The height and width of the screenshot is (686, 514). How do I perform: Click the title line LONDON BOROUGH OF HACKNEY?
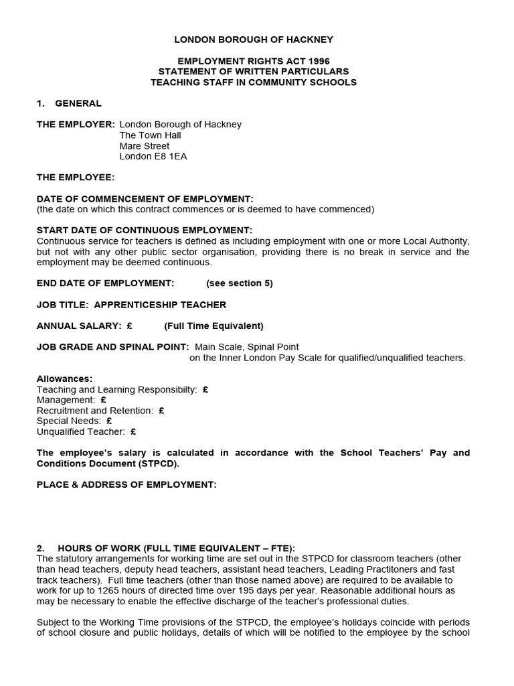coord(254,40)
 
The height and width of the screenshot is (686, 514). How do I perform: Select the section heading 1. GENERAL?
coord(70,103)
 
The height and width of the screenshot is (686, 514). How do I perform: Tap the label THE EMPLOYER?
coord(76,125)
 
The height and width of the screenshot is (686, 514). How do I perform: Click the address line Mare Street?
coord(145,146)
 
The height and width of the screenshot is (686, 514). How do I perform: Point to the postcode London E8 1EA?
coord(153,157)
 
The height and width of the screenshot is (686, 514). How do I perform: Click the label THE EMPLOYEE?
coord(76,178)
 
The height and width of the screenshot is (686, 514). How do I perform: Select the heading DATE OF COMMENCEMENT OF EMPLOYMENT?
coord(145,199)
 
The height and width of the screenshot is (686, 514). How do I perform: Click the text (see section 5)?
coord(240,283)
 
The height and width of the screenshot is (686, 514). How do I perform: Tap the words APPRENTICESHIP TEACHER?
coord(160,305)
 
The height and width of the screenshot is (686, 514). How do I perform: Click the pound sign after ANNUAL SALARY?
coord(128,326)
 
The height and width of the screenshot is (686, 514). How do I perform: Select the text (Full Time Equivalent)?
coord(214,326)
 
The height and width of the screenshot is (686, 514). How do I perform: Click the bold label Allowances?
coord(65,379)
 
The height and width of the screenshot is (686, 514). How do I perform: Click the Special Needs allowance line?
coord(74,421)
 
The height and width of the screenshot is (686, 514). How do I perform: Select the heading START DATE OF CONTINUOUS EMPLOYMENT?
coord(145,230)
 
